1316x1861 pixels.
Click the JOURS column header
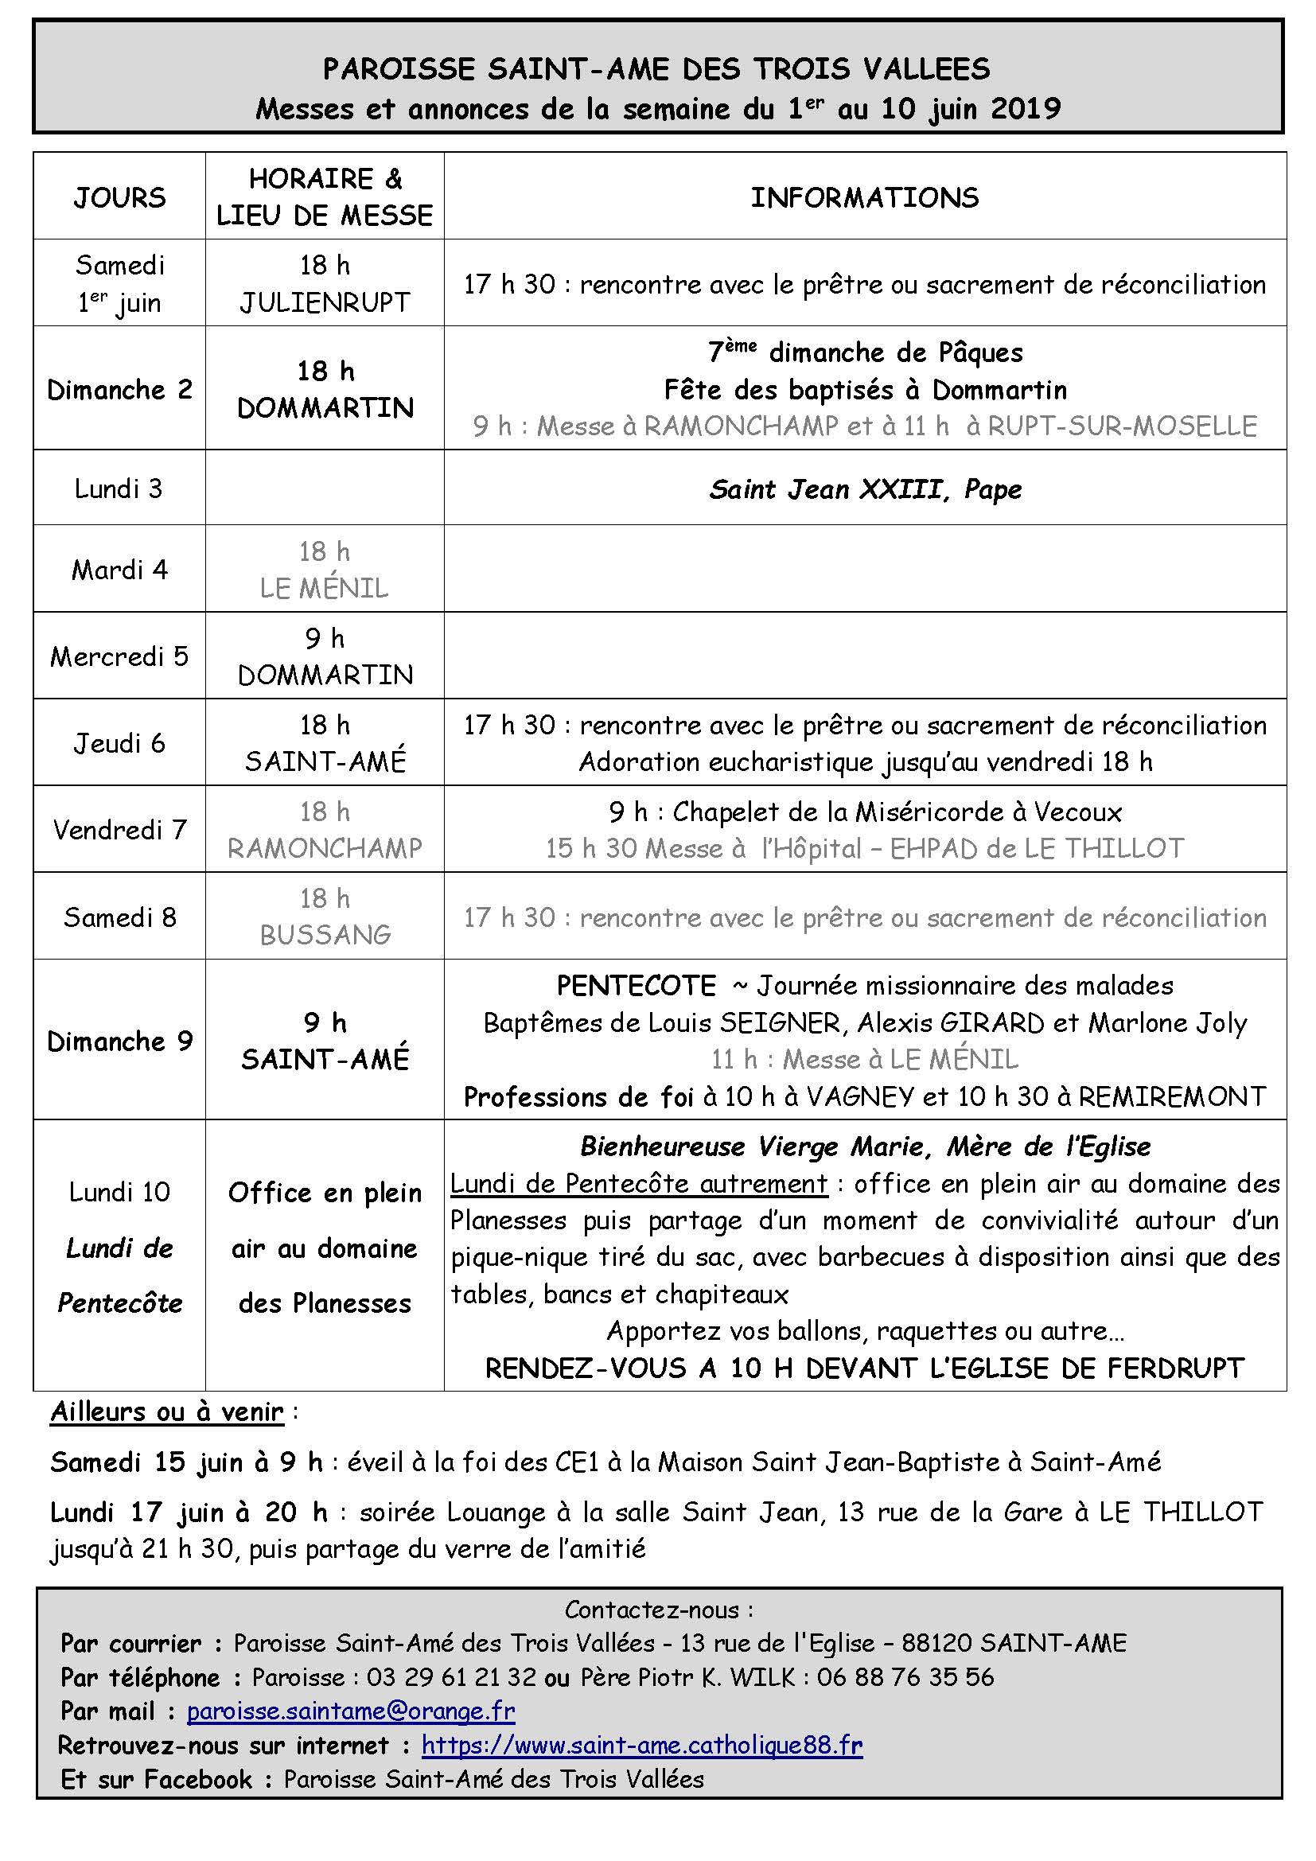pos(119,197)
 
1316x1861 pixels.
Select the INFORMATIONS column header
pos(864,197)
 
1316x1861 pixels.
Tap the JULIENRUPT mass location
pos(324,302)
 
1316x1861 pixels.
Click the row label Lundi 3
pos(119,488)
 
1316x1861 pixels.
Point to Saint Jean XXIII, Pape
pos(865,489)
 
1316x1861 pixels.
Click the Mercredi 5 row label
pos(119,656)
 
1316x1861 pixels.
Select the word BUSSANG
pos(325,935)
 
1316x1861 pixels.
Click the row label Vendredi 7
pos(119,829)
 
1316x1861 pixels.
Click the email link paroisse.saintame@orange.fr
pos(351,1711)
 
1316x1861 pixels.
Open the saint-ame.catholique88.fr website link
pos(642,1745)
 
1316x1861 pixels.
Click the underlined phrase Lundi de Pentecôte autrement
pos(639,1184)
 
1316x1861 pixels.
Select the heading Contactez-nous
pos(659,1609)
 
